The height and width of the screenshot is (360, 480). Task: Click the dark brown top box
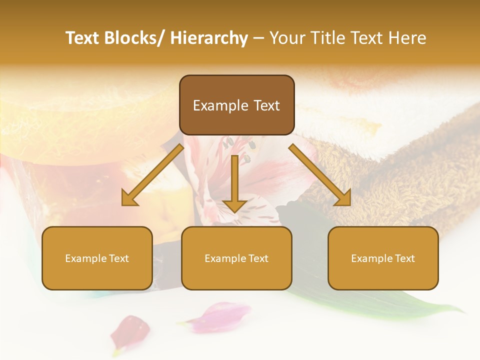coord(236,105)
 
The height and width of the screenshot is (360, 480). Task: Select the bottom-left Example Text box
coord(97,258)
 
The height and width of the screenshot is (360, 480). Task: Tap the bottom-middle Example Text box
coord(236,258)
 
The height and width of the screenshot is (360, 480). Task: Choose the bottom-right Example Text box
coord(383,258)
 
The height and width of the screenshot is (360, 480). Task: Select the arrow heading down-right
coord(320,175)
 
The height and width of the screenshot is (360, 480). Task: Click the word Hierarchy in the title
coord(209,38)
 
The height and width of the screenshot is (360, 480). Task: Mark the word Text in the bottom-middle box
coord(257,258)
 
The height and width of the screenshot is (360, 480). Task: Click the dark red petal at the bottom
coord(129,330)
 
